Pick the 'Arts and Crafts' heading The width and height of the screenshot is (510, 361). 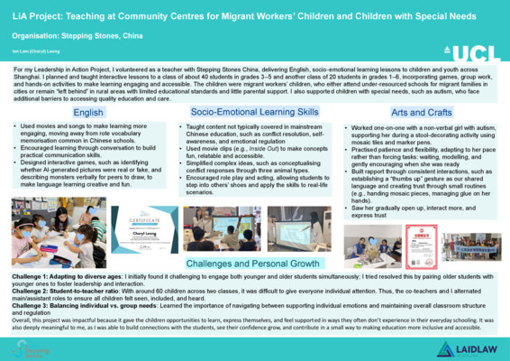(x=422, y=112)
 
